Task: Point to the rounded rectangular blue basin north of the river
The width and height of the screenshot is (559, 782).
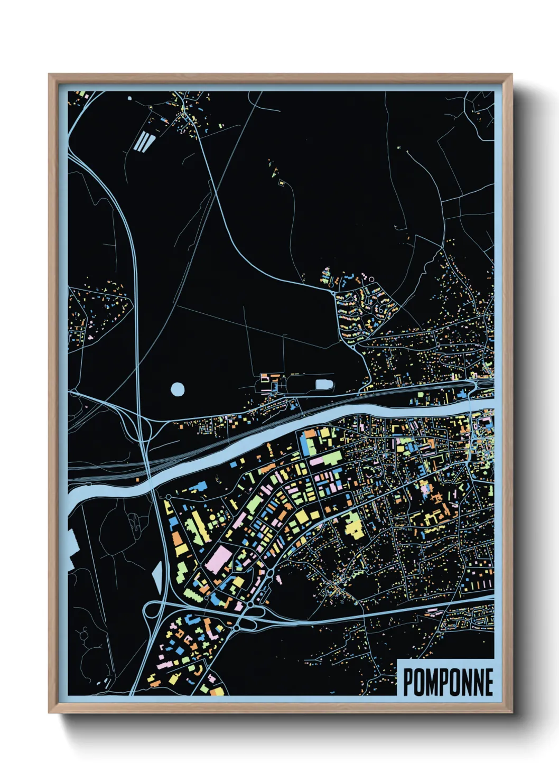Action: point(324,384)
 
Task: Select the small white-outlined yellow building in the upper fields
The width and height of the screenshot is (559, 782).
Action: point(282,183)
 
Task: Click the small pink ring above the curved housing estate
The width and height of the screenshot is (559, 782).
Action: point(371,278)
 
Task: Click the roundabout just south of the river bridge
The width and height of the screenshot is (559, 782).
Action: point(168,497)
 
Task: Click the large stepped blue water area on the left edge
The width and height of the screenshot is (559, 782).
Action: point(73,544)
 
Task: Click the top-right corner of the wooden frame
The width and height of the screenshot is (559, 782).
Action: point(511,75)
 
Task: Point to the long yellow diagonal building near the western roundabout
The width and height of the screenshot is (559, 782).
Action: point(199,525)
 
